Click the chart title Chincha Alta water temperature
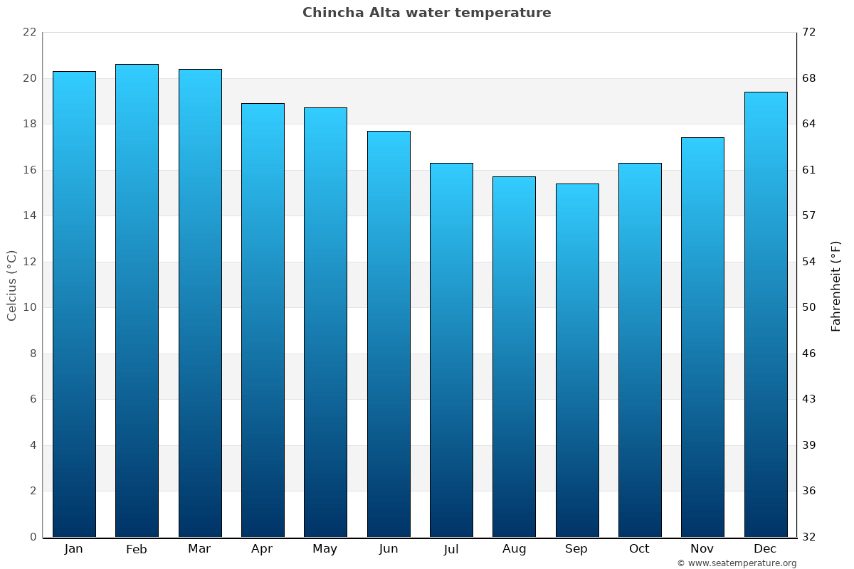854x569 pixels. click(426, 13)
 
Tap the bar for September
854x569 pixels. click(577, 360)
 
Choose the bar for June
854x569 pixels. click(389, 334)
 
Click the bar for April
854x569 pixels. click(263, 320)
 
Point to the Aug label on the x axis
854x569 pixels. click(514, 549)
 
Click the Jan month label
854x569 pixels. click(73, 549)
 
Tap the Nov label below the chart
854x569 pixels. click(702, 549)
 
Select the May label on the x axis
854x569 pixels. click(325, 549)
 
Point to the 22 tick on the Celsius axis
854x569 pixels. click(29, 32)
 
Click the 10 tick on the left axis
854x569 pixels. click(29, 307)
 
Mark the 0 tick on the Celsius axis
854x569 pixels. click(33, 537)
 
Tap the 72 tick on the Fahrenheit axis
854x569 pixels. click(808, 32)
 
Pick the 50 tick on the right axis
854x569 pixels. click(808, 307)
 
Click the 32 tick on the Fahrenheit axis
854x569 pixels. click(808, 537)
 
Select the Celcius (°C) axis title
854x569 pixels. click(11, 285)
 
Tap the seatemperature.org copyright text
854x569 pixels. click(737, 563)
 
